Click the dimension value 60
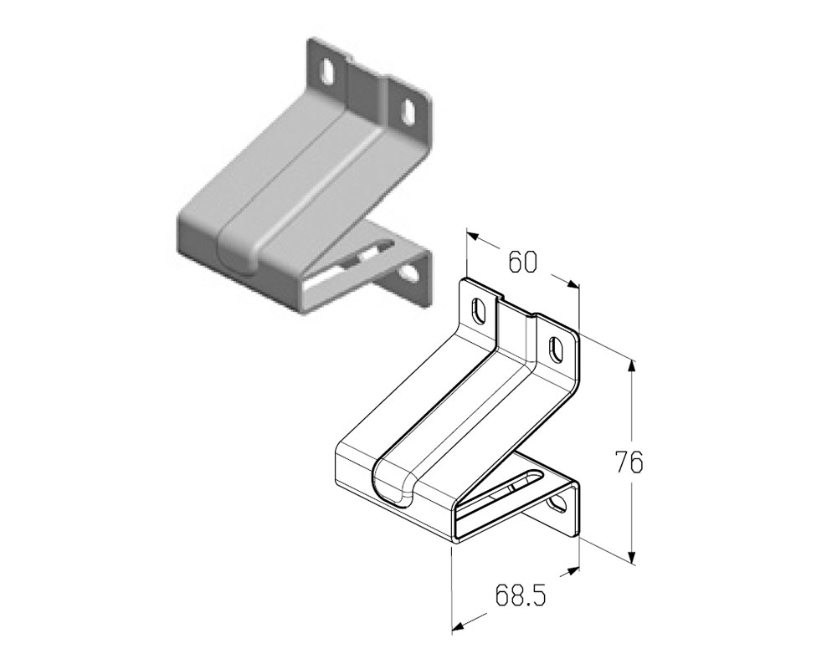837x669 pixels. pos(522,263)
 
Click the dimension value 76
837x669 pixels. pos(629,462)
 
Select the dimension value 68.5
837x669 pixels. pos(521,595)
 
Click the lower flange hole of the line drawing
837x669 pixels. pos(558,503)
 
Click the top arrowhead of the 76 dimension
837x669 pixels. pos(633,365)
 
